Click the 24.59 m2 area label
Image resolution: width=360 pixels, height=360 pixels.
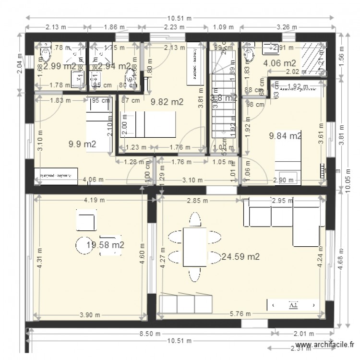point(240,257)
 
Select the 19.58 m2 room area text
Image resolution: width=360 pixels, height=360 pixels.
point(106,245)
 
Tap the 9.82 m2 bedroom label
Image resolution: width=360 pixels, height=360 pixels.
point(167,102)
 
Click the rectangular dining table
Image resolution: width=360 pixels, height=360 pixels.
point(195,247)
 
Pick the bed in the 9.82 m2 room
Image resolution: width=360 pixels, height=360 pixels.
point(148,124)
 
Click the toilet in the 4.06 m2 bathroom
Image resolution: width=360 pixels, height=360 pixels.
point(249,54)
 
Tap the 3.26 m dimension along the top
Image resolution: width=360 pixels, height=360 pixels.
point(287,27)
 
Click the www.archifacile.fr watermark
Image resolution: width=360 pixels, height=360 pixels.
point(326,345)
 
